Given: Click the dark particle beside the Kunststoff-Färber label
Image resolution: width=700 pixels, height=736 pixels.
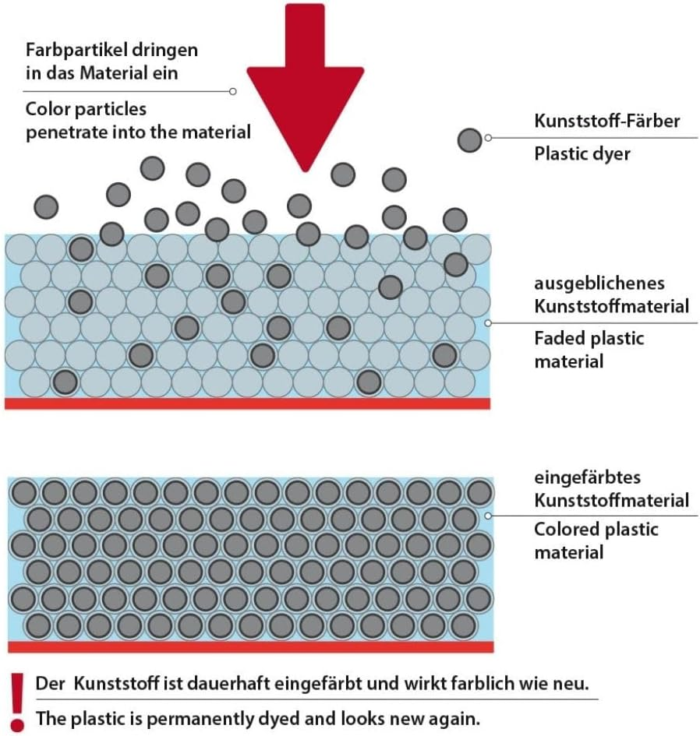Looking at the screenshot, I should point(469,140).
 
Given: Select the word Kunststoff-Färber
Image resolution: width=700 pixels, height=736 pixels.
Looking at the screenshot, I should point(607,121).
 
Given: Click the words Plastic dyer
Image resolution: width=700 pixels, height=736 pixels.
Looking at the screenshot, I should point(582,153).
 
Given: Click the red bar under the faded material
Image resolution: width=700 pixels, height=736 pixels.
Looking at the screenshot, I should point(248,403).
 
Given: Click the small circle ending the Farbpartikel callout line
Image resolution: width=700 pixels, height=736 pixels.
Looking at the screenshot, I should point(233,91).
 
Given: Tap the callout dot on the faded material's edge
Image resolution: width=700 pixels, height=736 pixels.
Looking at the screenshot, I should point(488,322).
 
